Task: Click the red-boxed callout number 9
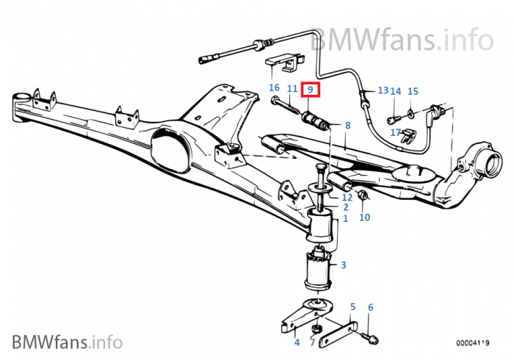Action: click(x=311, y=90)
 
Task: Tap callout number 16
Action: click(x=274, y=87)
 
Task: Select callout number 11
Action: click(x=292, y=89)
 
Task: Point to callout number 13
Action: click(x=383, y=90)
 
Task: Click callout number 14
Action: click(x=396, y=92)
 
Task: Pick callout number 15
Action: click(x=413, y=91)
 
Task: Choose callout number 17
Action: click(x=396, y=132)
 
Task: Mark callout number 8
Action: click(x=347, y=126)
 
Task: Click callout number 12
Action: click(x=347, y=197)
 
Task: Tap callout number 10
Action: click(x=364, y=217)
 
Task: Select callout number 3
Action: click(x=344, y=265)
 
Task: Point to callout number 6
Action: click(x=370, y=307)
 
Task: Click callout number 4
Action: click(x=297, y=342)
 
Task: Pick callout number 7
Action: click(x=312, y=342)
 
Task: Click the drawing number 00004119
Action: click(x=474, y=342)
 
